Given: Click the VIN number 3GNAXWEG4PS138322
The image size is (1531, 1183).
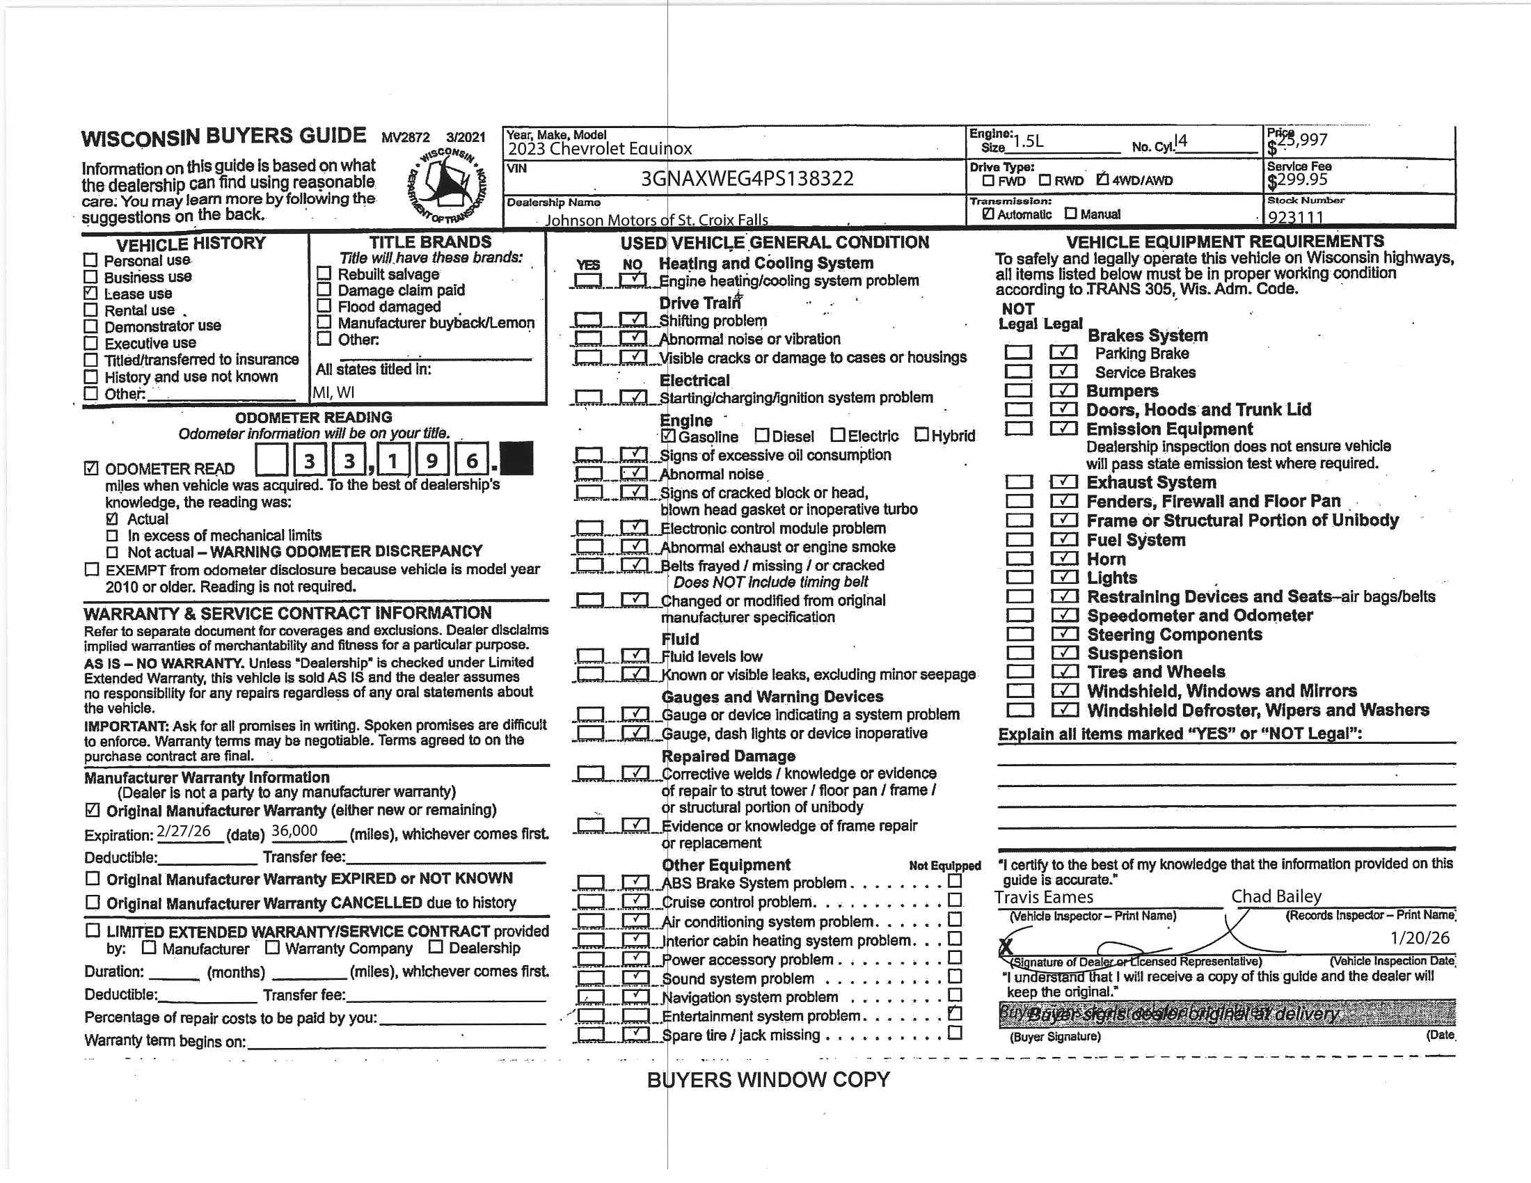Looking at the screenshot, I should pos(747,179).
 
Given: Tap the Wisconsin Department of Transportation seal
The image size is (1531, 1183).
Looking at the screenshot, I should pos(447,186).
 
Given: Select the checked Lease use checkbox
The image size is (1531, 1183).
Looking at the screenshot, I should pos(90,293).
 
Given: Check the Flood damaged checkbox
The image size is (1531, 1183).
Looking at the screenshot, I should pos(324,305).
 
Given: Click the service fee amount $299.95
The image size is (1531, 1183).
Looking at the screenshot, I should pos(1298,181).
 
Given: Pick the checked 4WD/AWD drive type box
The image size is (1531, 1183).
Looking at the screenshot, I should pos(1103,180).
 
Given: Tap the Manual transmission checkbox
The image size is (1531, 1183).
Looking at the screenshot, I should pos(1070,213).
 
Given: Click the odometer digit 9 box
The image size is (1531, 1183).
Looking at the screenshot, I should pos(432,461).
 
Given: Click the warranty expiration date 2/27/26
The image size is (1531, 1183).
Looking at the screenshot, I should pos(184,831).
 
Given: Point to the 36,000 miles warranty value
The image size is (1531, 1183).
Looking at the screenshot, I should pos(294,831).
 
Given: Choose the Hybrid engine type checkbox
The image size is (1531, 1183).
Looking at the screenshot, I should pos(921,435).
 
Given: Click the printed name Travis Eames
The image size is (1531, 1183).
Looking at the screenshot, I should pos(1043,897).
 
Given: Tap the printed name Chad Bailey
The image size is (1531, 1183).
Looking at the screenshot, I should pos(1276,896).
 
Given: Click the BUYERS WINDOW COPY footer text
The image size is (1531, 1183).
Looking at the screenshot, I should pos(768,1080).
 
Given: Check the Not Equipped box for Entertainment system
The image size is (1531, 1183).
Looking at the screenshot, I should pos(954,1013).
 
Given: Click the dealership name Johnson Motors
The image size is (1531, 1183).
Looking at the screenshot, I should pos(656,220).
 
